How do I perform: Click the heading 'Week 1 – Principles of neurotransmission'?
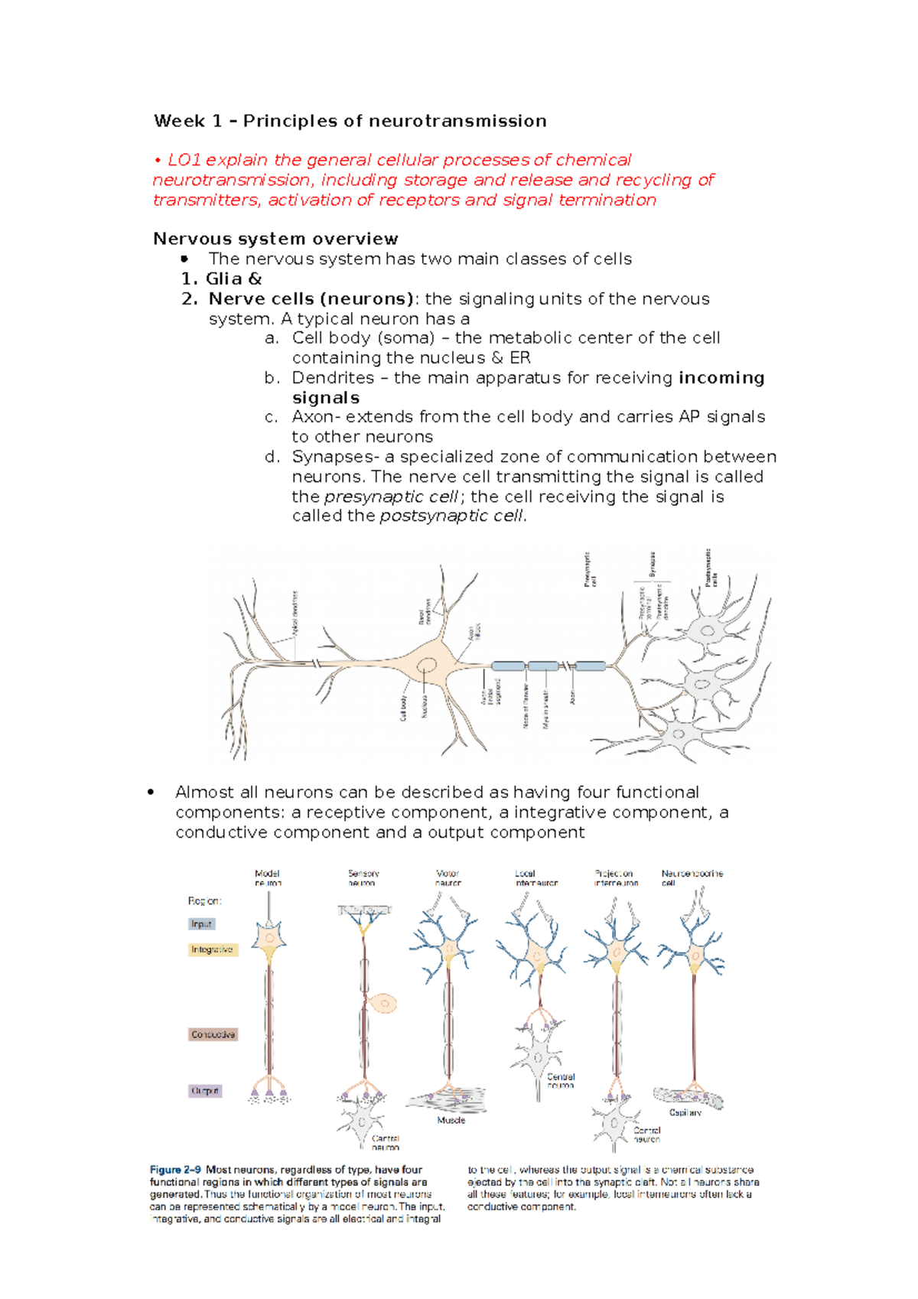click(x=350, y=121)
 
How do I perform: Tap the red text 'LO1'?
click(x=184, y=160)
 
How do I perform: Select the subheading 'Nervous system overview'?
click(x=275, y=239)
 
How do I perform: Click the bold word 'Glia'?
click(x=223, y=278)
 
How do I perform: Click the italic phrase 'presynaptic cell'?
click(x=390, y=496)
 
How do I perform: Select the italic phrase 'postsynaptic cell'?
click(x=452, y=516)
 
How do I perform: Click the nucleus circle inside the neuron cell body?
click(x=427, y=666)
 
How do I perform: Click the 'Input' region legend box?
click(x=202, y=924)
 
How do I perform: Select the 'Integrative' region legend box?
click(x=213, y=949)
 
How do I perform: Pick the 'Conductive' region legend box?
click(x=213, y=1034)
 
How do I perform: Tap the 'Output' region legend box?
click(x=205, y=1091)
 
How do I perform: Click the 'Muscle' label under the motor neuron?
click(x=451, y=1120)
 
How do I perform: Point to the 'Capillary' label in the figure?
click(x=685, y=1112)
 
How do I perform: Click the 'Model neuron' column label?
click(x=267, y=877)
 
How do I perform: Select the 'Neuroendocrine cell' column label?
click(x=692, y=877)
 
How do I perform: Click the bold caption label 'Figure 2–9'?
click(x=175, y=1170)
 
